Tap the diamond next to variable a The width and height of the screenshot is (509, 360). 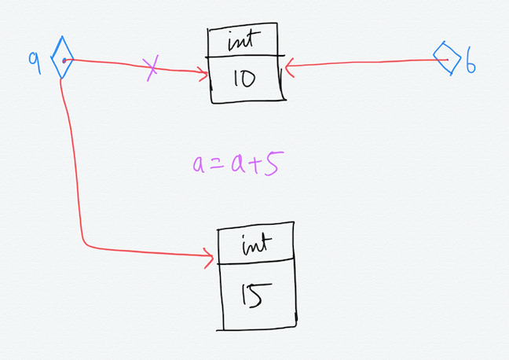(x=62, y=60)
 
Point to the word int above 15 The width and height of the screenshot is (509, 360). (x=256, y=244)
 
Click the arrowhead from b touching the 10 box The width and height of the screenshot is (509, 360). (x=289, y=68)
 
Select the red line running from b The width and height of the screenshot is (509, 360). (x=361, y=64)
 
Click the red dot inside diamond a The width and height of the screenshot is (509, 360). (x=63, y=60)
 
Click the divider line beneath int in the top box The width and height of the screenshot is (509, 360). (x=245, y=56)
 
